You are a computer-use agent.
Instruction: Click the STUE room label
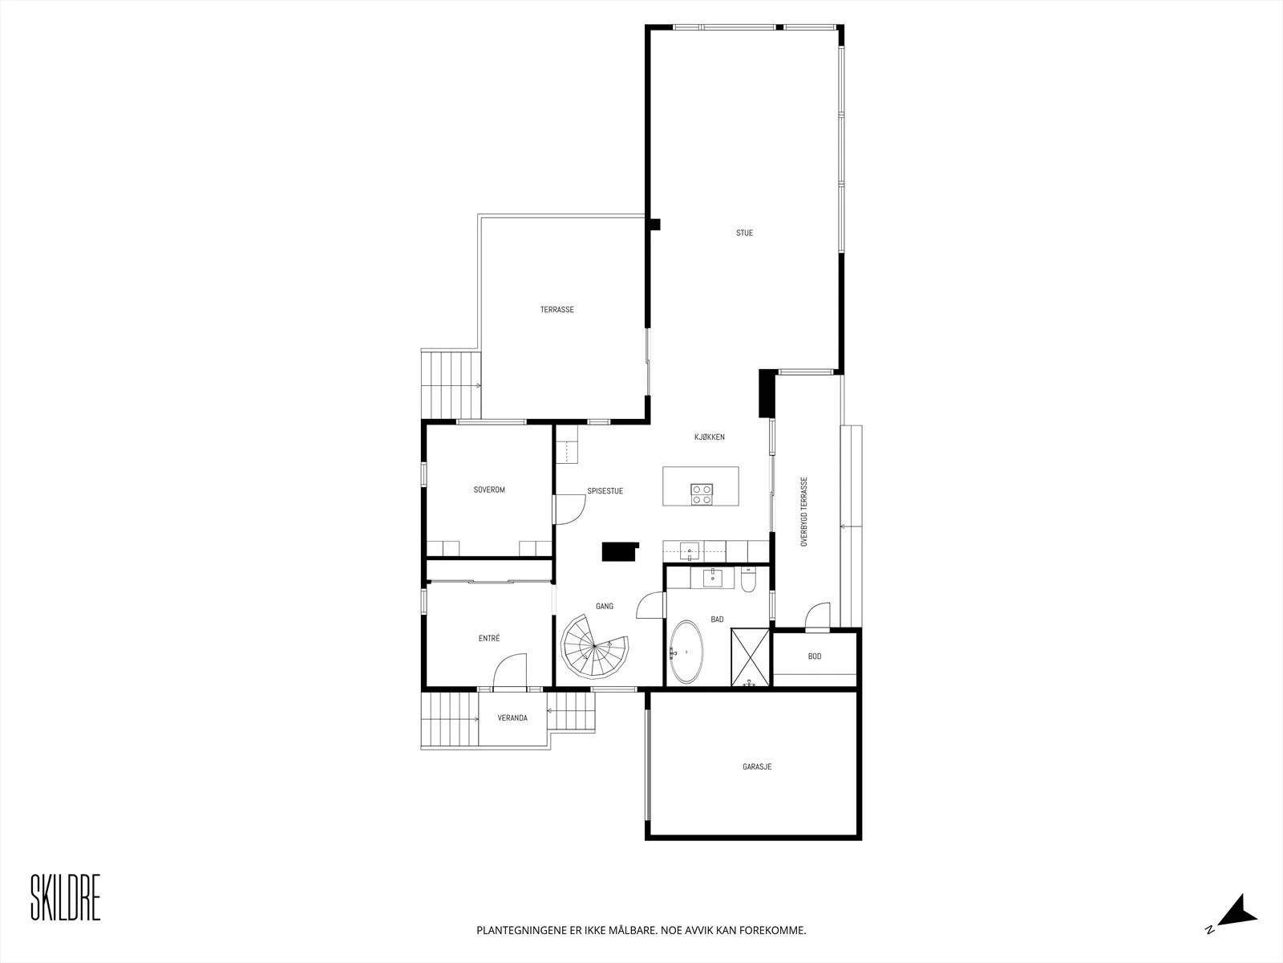click(744, 233)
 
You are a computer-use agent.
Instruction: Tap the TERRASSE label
click(557, 309)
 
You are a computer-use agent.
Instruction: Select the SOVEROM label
click(488, 490)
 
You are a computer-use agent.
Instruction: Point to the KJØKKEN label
click(709, 437)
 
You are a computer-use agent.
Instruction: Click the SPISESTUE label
click(605, 491)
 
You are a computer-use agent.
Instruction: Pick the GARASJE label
click(757, 766)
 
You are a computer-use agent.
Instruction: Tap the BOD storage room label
click(814, 656)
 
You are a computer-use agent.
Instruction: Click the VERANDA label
click(512, 718)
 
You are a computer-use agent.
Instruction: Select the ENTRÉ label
click(488, 639)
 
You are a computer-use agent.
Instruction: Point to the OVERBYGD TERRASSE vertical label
click(803, 512)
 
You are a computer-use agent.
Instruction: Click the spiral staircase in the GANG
click(594, 645)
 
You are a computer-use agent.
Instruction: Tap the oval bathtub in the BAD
click(686, 652)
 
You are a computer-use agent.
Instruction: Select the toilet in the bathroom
click(749, 579)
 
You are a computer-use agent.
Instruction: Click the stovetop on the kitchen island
click(702, 494)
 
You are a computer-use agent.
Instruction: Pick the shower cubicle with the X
click(750, 657)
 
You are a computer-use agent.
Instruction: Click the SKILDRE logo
click(66, 898)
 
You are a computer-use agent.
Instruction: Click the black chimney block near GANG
click(620, 552)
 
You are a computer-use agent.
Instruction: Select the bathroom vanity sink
click(712, 578)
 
